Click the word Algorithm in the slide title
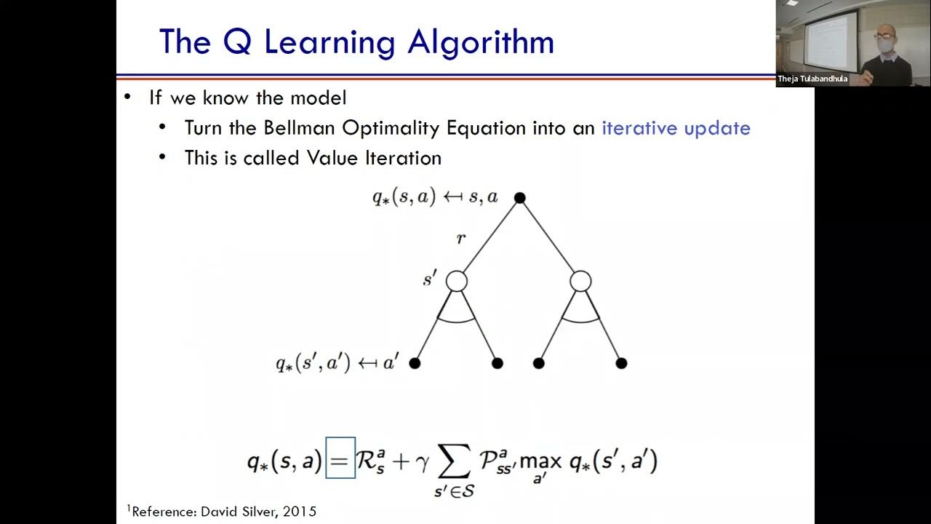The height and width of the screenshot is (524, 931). [x=481, y=42]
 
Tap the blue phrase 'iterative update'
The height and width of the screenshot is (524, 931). [x=676, y=128]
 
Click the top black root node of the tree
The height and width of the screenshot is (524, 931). [x=519, y=197]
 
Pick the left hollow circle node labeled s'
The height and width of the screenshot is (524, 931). [x=456, y=281]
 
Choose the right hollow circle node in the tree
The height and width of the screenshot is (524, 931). [x=580, y=281]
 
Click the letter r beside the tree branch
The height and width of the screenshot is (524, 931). [x=460, y=238]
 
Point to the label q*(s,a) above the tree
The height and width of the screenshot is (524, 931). [x=403, y=197]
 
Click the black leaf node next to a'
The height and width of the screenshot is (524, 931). [x=415, y=362]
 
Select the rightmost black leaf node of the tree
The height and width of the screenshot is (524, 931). [x=621, y=362]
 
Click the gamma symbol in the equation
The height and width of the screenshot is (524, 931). [x=422, y=463]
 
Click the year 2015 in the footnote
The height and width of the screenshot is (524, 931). [x=300, y=512]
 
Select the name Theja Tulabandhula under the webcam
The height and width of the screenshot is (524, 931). [x=812, y=79]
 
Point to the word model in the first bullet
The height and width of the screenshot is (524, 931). [x=317, y=98]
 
